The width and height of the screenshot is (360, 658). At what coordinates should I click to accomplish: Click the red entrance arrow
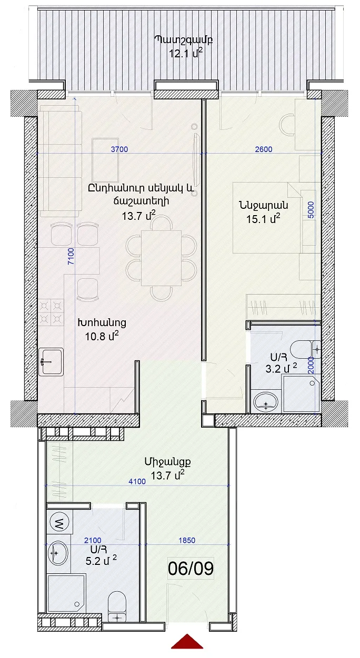[x=187, y=649]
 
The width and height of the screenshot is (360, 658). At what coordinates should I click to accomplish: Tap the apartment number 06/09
[x=191, y=569]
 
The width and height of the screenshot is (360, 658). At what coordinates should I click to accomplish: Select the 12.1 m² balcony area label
[x=186, y=54]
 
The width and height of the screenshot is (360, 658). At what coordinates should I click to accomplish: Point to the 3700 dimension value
[x=119, y=149]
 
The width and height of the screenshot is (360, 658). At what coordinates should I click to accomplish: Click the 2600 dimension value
[x=264, y=149]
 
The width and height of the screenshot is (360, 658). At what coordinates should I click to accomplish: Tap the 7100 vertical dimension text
[x=71, y=257]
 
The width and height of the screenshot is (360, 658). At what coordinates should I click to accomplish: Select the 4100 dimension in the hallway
[x=137, y=481]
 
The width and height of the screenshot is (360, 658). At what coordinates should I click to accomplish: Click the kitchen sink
[x=51, y=361]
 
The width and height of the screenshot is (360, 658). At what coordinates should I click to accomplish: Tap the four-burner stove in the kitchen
[x=51, y=312]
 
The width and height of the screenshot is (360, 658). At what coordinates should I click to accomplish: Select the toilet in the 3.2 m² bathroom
[x=306, y=349]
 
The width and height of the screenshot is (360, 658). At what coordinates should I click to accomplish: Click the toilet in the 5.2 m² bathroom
[x=117, y=605]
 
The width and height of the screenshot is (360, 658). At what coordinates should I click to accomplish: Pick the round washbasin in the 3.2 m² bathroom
[x=266, y=401]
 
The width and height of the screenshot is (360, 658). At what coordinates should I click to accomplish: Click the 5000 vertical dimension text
[x=311, y=210]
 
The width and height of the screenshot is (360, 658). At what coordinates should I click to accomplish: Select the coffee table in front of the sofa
[x=105, y=160]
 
